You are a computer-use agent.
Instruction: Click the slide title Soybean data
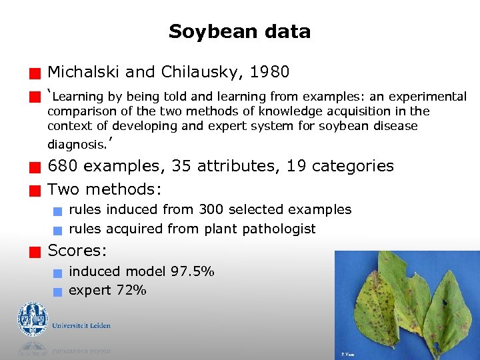[x=239, y=31]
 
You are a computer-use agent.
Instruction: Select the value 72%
[x=131, y=290]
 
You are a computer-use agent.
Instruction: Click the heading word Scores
[x=77, y=251]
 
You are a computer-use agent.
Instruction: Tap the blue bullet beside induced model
[x=58, y=273]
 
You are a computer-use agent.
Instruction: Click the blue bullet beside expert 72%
[x=58, y=291]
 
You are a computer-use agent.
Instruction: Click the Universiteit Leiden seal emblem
[x=33, y=319]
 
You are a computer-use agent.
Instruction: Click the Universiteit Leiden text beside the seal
[x=81, y=326]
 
